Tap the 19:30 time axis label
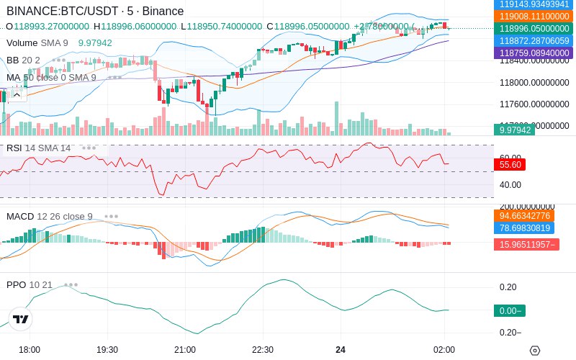coord(107,349)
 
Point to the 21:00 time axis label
coord(185,349)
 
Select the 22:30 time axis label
coord(263,349)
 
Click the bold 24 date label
coord(341,349)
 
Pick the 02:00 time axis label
coord(444,349)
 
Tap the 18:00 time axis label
coord(30,349)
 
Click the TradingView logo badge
coord(21,319)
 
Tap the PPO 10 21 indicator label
coord(30,284)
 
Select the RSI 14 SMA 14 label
coord(39,148)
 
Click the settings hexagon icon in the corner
coord(534,351)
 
